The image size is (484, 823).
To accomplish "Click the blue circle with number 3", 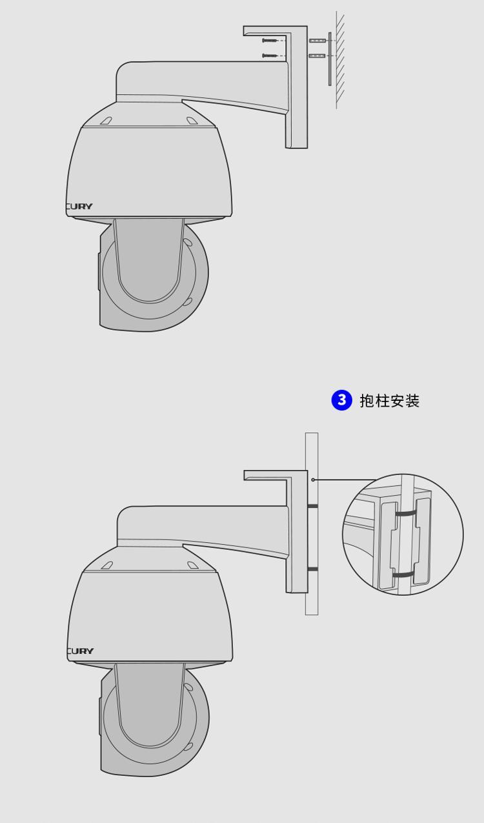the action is point(341,400).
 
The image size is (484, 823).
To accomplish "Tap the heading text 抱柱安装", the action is point(390,400).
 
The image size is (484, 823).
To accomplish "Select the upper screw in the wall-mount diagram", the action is point(270,40).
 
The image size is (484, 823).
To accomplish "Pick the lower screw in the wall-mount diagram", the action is point(270,56).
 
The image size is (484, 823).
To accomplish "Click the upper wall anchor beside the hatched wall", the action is point(318,40).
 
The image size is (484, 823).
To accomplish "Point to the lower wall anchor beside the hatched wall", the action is point(318,56).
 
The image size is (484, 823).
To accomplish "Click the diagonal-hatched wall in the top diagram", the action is point(341,60).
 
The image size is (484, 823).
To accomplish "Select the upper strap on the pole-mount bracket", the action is point(313,506).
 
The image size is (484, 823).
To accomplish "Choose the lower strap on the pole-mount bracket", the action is point(313,569).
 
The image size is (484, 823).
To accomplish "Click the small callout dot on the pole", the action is point(313,480).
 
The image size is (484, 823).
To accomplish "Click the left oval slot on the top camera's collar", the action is point(106,121).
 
